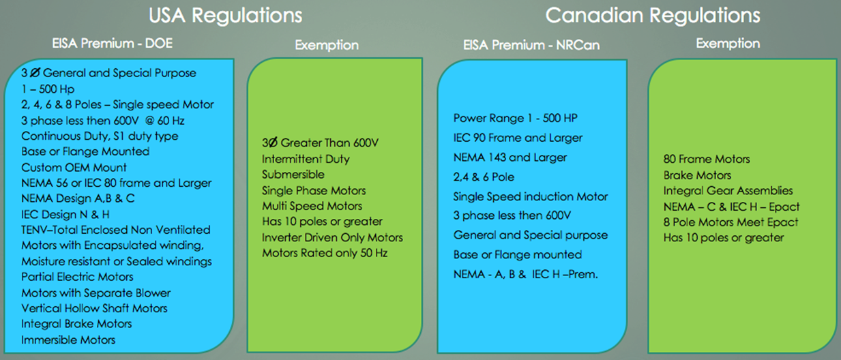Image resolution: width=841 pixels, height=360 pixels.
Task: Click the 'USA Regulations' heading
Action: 225,16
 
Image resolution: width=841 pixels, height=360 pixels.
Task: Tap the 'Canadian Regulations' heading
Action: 653,16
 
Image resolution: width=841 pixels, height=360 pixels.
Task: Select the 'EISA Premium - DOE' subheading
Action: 113,44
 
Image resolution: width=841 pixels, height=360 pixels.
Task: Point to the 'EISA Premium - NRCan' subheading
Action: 531,45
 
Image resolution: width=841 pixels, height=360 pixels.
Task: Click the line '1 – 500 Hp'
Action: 48,89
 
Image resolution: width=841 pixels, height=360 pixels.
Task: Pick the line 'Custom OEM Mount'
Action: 74,167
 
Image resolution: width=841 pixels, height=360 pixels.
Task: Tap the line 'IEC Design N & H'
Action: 65,214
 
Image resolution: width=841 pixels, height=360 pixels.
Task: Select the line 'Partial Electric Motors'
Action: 77,277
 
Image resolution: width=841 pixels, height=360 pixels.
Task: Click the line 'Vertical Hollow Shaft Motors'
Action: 94,308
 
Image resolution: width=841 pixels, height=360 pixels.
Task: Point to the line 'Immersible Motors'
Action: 68,340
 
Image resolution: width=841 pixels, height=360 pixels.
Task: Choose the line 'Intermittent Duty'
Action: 306,159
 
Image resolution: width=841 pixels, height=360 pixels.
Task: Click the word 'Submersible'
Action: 293,174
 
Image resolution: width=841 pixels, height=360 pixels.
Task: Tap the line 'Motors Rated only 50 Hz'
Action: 325,253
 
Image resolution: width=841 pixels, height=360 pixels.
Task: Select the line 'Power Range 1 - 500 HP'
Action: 516,118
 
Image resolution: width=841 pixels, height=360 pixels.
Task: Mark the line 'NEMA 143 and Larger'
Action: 510,157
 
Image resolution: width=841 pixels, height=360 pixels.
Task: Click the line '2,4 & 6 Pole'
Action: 484,177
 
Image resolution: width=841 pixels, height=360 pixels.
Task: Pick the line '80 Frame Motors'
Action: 707,159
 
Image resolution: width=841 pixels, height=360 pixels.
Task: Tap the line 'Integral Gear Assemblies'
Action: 728,191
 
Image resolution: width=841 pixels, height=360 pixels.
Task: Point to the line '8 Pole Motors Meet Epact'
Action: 731,222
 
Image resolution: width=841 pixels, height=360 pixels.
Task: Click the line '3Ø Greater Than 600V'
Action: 321,142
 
